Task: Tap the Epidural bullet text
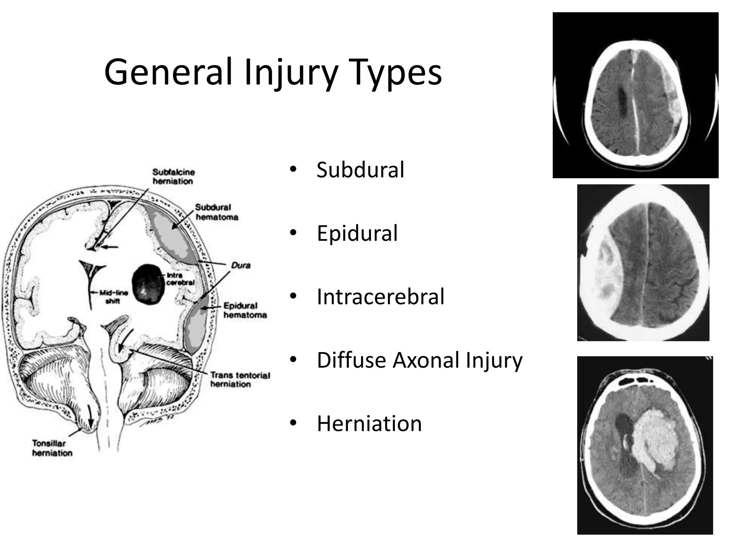[357, 233]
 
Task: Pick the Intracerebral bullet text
[380, 297]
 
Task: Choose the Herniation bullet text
[369, 423]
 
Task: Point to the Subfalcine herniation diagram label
[173, 176]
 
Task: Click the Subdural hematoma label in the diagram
[217, 212]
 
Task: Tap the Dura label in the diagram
[241, 265]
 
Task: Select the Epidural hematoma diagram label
[245, 310]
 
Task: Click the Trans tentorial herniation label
[240, 379]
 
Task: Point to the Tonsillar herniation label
[52, 448]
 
